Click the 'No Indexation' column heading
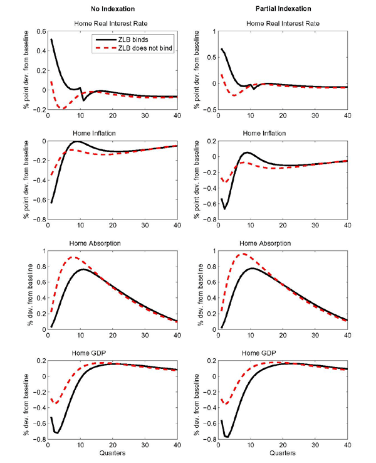coord(113,9)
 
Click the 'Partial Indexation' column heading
coord(283,9)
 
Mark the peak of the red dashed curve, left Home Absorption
coord(73,257)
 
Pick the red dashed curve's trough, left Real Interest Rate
coord(63,109)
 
